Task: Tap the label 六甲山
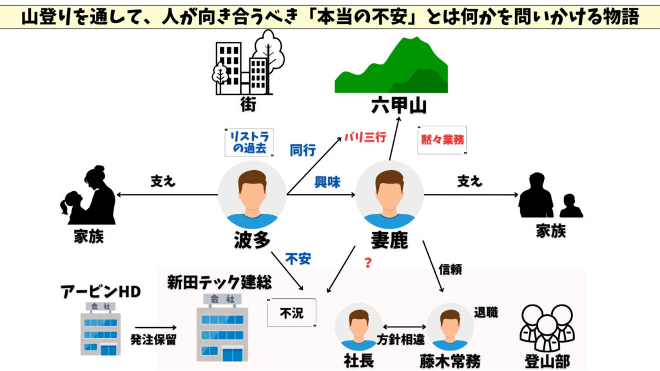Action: click(x=400, y=105)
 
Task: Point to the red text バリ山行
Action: click(x=364, y=137)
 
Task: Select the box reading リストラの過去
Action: click(x=249, y=142)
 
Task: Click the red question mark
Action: click(x=368, y=262)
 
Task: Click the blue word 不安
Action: click(x=298, y=259)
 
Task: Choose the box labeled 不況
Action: click(x=292, y=313)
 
